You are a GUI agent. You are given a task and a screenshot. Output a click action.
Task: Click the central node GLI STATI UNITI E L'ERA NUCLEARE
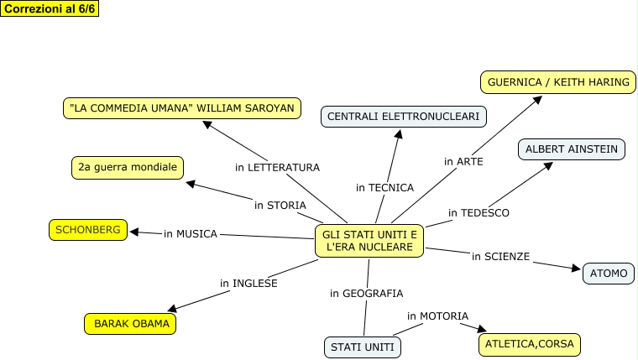[369, 240]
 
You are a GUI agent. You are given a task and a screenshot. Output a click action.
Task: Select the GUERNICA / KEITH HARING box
[557, 83]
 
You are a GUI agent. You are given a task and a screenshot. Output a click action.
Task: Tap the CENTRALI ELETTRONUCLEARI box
[403, 117]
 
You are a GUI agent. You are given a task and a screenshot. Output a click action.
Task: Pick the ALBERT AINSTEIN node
[571, 150]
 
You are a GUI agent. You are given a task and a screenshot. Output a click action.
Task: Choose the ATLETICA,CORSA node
[529, 344]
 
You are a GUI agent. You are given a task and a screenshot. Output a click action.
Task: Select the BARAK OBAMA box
[131, 323]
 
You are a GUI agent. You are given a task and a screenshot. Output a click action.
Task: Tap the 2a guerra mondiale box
[128, 168]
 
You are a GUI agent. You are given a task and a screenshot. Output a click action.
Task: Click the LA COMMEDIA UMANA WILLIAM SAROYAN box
[182, 108]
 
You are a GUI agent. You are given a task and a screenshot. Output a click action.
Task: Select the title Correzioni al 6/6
[50, 8]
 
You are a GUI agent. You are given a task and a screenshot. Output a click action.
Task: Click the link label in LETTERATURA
[277, 168]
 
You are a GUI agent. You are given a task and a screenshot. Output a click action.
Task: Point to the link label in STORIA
[280, 205]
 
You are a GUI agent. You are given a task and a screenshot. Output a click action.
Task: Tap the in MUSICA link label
[191, 233]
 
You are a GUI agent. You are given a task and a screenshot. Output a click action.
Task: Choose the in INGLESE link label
[248, 284]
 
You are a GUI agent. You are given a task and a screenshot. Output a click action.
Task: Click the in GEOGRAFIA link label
[366, 294]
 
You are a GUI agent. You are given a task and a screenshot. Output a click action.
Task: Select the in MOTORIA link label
[437, 316]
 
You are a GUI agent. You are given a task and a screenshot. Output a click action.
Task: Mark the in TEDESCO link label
[478, 213]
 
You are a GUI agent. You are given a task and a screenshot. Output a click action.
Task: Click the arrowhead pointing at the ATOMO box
[576, 269]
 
